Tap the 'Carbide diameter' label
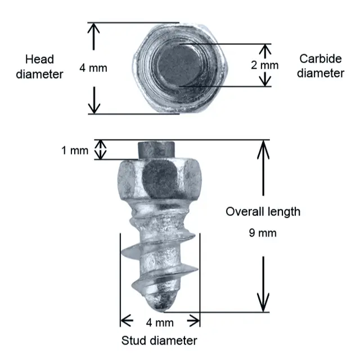point(321,66)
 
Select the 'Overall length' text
point(263,212)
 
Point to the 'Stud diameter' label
point(160,341)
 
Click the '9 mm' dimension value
point(263,233)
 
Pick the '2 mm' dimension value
point(264,65)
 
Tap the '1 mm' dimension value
point(75,151)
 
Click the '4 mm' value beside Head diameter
point(93,68)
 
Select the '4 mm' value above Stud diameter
point(160,323)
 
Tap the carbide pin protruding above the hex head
point(157,150)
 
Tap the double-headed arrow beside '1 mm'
point(100,150)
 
